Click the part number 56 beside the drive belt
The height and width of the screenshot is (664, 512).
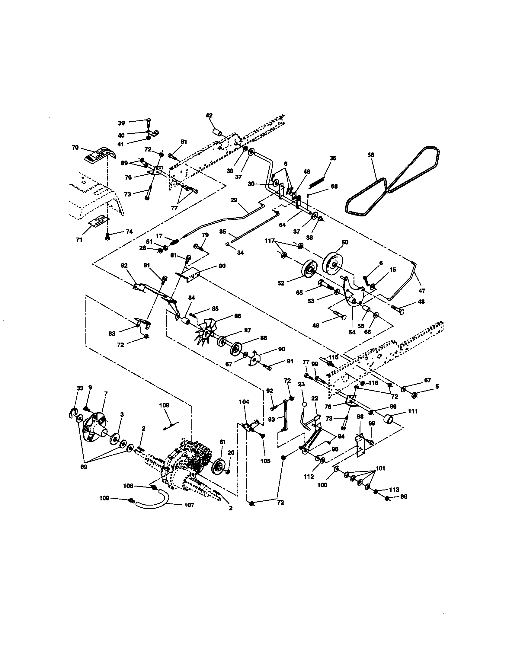pos(370,155)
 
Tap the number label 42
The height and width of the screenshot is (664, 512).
pos(209,116)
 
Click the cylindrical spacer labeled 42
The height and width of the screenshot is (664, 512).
pos(217,133)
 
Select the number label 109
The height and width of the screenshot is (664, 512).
pos(164,405)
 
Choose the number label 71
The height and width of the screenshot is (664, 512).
pos(79,240)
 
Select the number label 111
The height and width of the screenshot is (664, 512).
pos(413,411)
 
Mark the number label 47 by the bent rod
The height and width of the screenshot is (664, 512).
pos(421,291)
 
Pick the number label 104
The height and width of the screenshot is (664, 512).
pos(244,402)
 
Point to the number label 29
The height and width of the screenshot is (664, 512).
pos(234,200)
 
